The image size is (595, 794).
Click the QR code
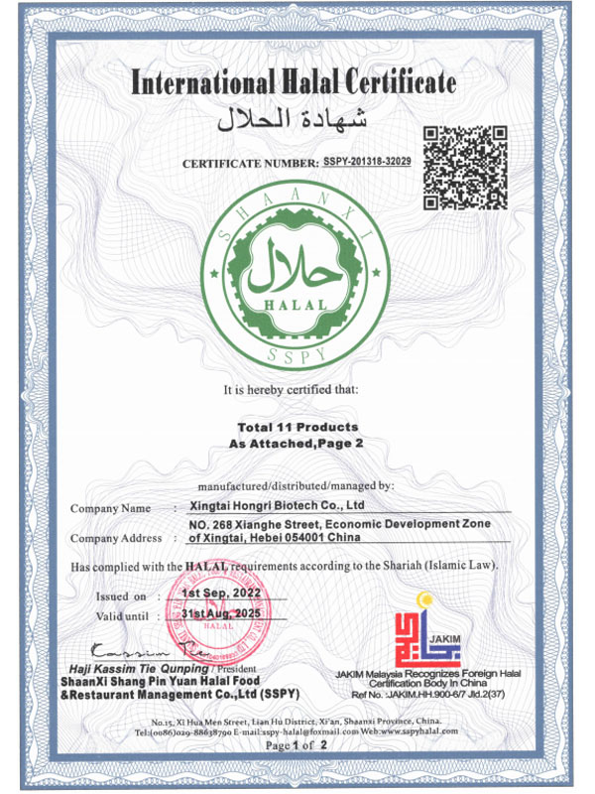pos(465,167)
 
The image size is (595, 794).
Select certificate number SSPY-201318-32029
pos(381,161)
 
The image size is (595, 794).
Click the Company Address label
pos(116,538)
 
